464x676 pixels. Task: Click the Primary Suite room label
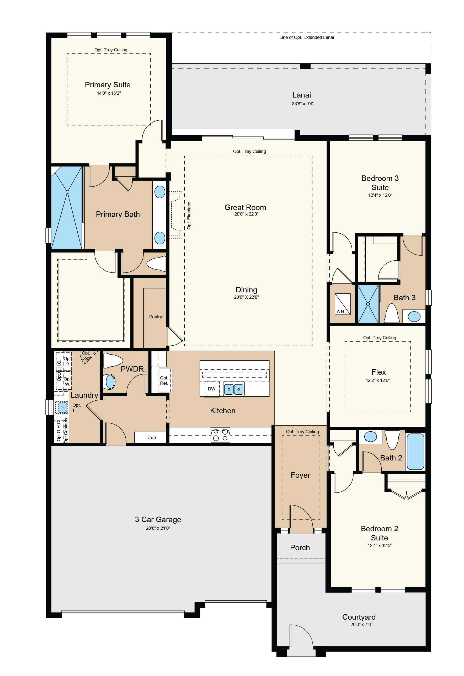pos(108,85)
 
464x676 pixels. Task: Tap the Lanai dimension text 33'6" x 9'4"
pos(302,104)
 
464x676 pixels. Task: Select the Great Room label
pos(245,207)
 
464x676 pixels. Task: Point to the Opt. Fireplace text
pos(189,216)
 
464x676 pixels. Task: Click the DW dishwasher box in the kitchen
pos(211,389)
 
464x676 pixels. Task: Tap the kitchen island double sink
pos(234,389)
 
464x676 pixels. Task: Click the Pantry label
pos(155,317)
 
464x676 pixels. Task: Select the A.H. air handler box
pos(343,304)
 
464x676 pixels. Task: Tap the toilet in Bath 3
pos(392,313)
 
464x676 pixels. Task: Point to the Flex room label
pos(379,372)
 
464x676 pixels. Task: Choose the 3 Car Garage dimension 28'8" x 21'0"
pos(158,528)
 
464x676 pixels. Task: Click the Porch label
pos(300,548)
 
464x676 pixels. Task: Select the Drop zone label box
pos(151,437)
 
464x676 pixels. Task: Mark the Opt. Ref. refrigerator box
pos(162,380)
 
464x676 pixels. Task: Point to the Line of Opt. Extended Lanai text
pos(307,37)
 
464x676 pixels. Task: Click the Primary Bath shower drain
pos(67,192)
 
